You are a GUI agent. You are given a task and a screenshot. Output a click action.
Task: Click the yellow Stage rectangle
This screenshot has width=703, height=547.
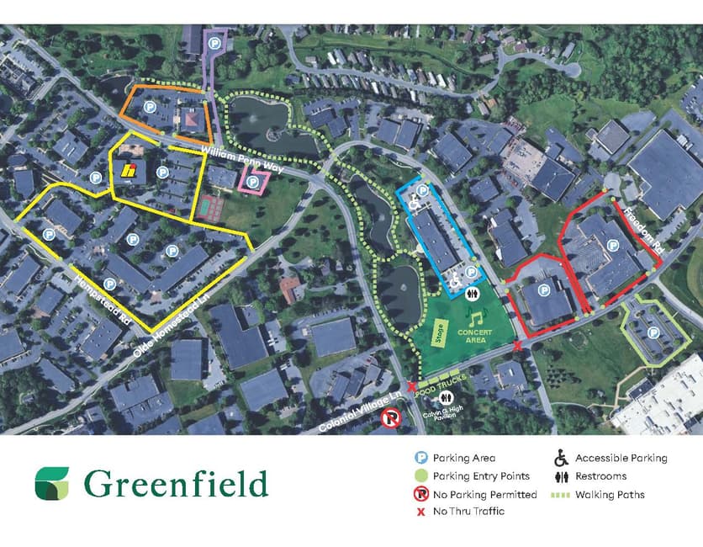click(x=438, y=333)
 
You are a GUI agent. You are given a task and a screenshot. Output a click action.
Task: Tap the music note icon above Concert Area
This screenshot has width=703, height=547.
click(x=477, y=317)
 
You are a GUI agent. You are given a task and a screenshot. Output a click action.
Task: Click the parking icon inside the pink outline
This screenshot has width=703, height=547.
click(x=251, y=181)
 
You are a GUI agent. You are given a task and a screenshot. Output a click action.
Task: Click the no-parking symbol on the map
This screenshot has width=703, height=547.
click(x=391, y=418)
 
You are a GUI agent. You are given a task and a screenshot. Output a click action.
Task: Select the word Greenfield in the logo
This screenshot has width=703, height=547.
click(x=176, y=484)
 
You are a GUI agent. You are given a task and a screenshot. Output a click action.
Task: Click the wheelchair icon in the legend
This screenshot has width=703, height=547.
click(x=561, y=459)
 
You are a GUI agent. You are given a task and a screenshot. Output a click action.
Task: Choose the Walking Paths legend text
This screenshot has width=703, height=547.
click(x=610, y=495)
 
